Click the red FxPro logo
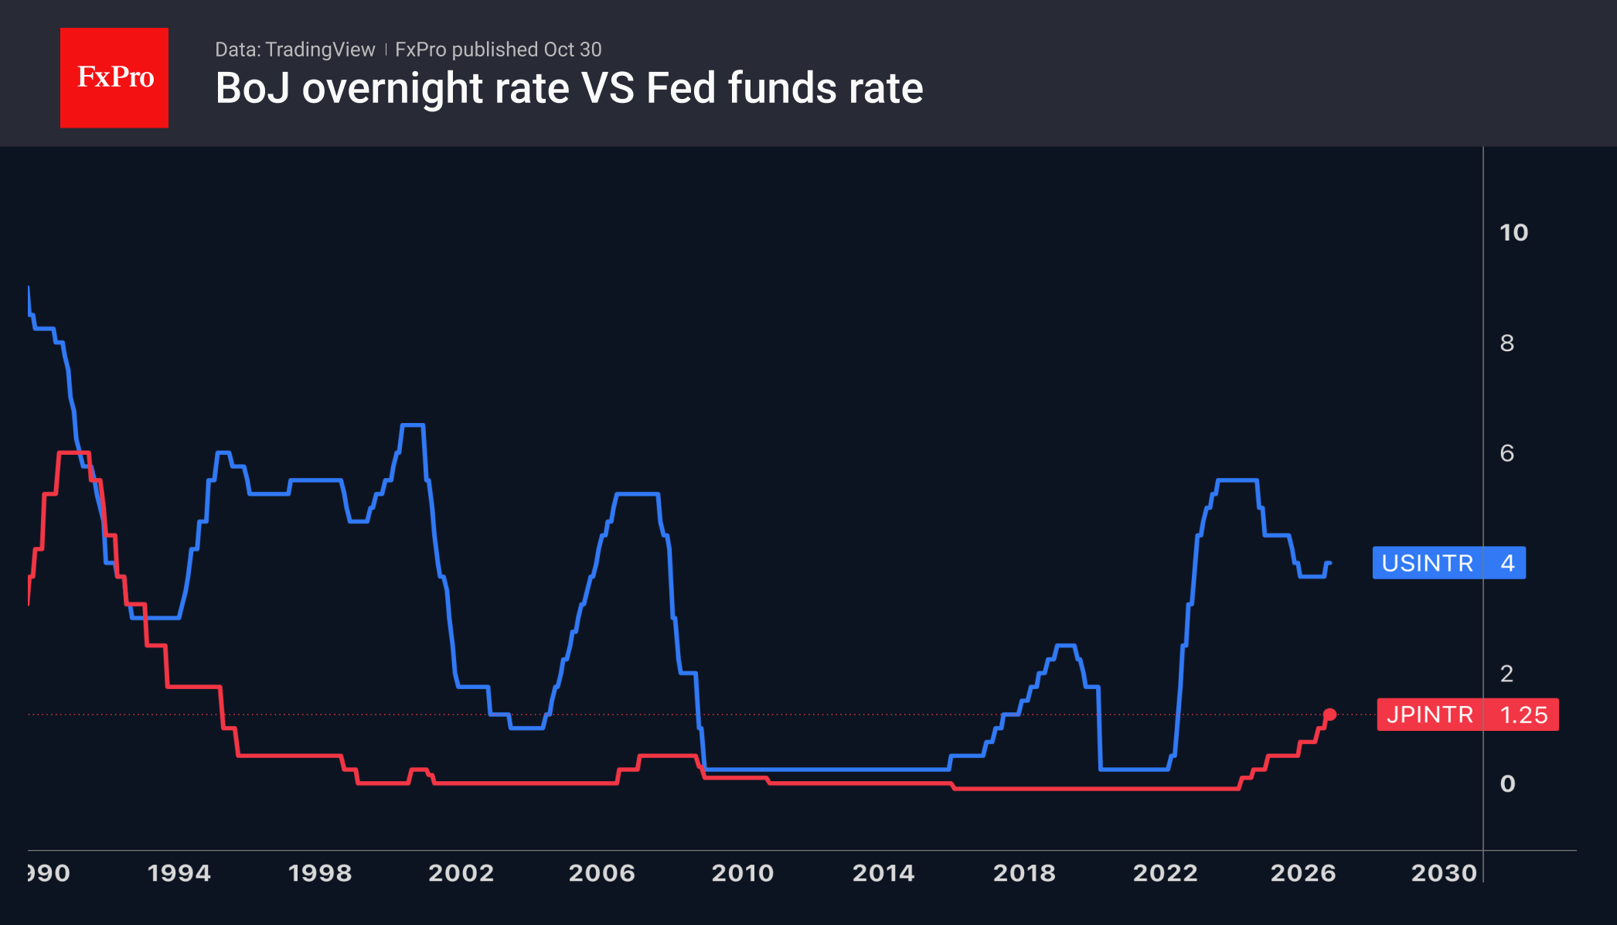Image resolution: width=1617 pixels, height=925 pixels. coord(114,77)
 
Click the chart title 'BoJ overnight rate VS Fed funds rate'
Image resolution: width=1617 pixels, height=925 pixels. coord(569,88)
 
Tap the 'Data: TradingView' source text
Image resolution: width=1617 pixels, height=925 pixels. coord(294,49)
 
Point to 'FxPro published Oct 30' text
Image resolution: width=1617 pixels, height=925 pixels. coord(498,49)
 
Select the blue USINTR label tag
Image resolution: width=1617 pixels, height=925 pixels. coord(1448,563)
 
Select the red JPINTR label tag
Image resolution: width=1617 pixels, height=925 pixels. coord(1467,715)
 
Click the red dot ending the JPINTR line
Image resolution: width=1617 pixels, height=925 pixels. coord(1329,715)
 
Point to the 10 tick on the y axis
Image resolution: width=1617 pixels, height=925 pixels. coord(1513,233)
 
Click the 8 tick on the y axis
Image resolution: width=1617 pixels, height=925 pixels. coord(1506,343)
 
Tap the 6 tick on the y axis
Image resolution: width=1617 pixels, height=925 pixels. coord(1506,453)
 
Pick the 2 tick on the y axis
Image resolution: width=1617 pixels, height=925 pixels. coord(1506,674)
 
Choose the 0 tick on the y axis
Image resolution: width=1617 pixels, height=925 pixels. coord(1507,784)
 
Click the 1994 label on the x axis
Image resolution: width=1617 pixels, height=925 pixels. coord(179,873)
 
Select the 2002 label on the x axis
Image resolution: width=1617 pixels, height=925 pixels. coord(461,873)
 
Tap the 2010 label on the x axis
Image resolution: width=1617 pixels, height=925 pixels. coord(742,873)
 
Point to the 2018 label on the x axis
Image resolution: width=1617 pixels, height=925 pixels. coord(1024,873)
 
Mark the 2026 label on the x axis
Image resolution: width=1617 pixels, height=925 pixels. coord(1303,873)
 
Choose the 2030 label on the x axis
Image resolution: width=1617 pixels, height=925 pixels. coord(1444,873)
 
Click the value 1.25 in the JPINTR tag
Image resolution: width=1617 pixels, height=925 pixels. coord(1523,715)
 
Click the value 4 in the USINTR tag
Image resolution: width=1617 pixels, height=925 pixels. coord(1507,563)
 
